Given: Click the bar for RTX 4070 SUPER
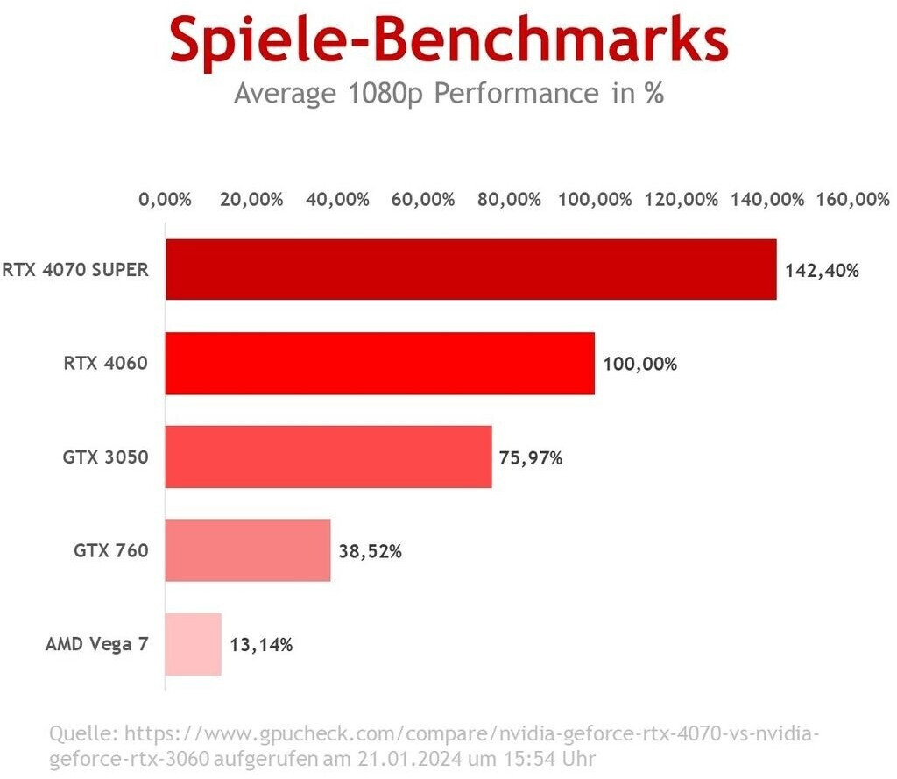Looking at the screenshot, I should (x=470, y=269).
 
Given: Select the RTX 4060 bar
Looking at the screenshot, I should (x=379, y=363).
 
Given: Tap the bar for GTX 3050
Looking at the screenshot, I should (x=328, y=457).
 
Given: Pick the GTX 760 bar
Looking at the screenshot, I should (x=248, y=550).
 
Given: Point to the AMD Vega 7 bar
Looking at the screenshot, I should (x=194, y=644).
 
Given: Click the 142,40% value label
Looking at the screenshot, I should (x=822, y=270).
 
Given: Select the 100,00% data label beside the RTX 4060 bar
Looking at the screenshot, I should (x=639, y=364).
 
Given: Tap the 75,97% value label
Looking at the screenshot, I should (x=531, y=457).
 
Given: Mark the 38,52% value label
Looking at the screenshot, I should (x=371, y=551).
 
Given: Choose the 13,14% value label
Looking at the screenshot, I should (x=261, y=645).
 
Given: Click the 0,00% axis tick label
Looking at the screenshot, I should (x=165, y=199).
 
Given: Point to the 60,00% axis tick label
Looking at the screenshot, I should (x=423, y=199).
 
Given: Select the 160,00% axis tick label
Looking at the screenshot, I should (x=852, y=199).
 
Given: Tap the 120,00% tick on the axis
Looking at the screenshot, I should (x=681, y=199).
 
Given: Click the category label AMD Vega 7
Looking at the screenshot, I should (x=96, y=645).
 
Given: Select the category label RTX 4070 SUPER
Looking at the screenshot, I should (x=75, y=270).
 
